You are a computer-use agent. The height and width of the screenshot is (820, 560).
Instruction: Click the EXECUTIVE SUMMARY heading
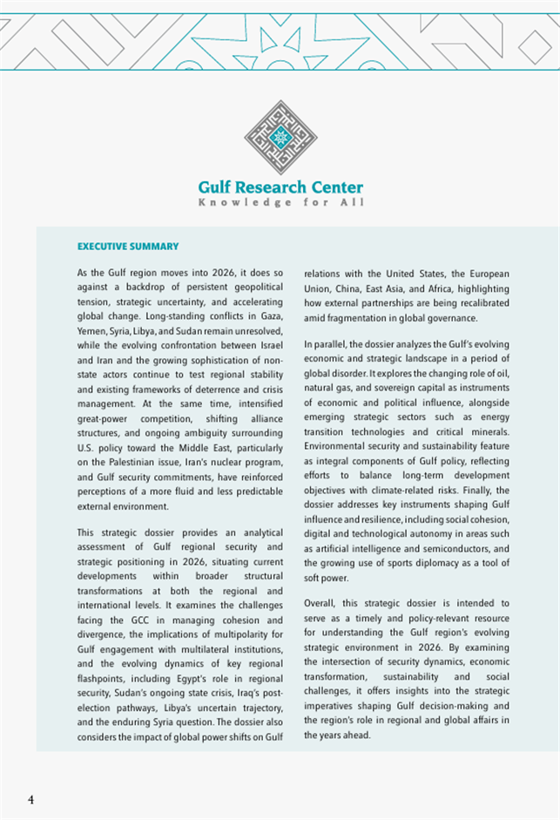pos(128,247)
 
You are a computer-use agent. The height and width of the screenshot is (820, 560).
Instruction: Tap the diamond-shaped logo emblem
pos(280,138)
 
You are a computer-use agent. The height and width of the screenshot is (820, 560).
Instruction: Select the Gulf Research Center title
pos(280,187)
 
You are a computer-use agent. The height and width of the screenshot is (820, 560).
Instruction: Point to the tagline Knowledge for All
pos(280,203)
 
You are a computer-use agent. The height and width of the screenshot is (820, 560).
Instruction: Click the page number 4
pos(31,800)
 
